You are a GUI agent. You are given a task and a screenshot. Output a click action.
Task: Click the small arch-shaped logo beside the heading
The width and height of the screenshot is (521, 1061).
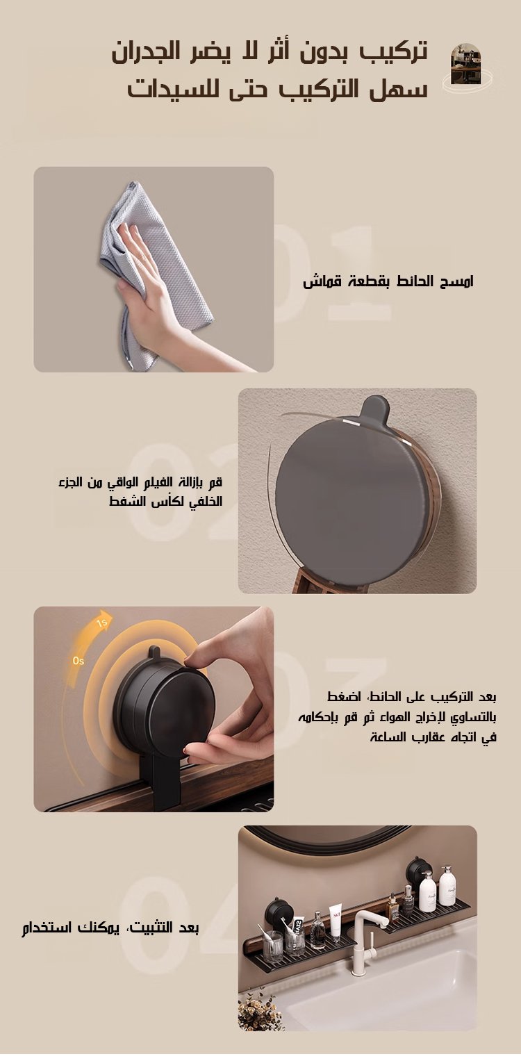pos(465,64)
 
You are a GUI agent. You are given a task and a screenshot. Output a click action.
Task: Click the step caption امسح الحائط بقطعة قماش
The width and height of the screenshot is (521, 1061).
pos(388,281)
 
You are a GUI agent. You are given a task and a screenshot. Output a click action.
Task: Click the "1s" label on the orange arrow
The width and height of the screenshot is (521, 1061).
pos(102,623)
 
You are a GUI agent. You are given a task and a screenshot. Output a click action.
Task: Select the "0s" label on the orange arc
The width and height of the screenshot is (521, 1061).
pos(78,660)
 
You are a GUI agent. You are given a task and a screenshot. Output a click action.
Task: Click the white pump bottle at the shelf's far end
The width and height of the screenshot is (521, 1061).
pos(447,885)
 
